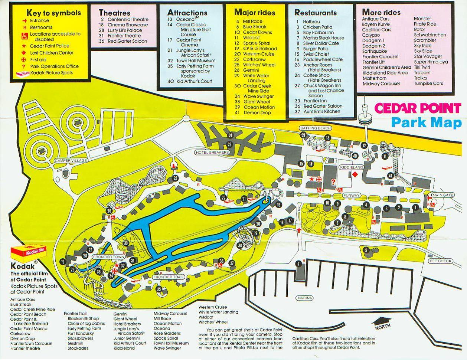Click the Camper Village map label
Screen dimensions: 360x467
tap(71, 160)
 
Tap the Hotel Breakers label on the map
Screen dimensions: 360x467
tap(212, 152)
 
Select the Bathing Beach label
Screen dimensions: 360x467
tap(315, 128)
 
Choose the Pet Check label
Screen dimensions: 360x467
tap(440, 261)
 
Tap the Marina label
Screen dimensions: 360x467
tap(304, 298)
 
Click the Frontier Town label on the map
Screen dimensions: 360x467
tap(104, 257)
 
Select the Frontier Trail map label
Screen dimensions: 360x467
tap(168, 277)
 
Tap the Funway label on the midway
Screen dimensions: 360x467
tap(351, 195)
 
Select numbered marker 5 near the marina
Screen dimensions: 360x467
tap(366, 250)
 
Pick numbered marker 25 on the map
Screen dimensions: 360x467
tap(175, 179)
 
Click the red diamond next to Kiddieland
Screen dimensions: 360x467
tap(355, 174)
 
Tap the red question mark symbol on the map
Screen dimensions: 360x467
tap(333, 182)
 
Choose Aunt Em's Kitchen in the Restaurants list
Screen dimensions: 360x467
tap(321, 111)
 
